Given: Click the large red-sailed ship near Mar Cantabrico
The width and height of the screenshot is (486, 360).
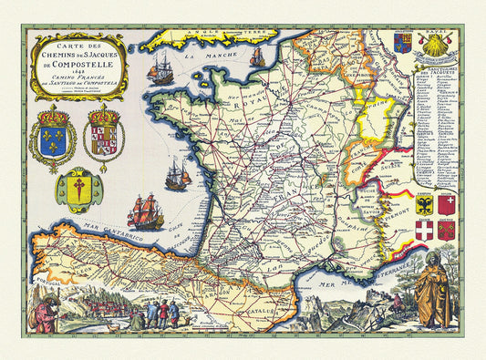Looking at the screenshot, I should [x=145, y=211].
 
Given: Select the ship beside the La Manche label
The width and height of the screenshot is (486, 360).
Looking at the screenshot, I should [x=161, y=69].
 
